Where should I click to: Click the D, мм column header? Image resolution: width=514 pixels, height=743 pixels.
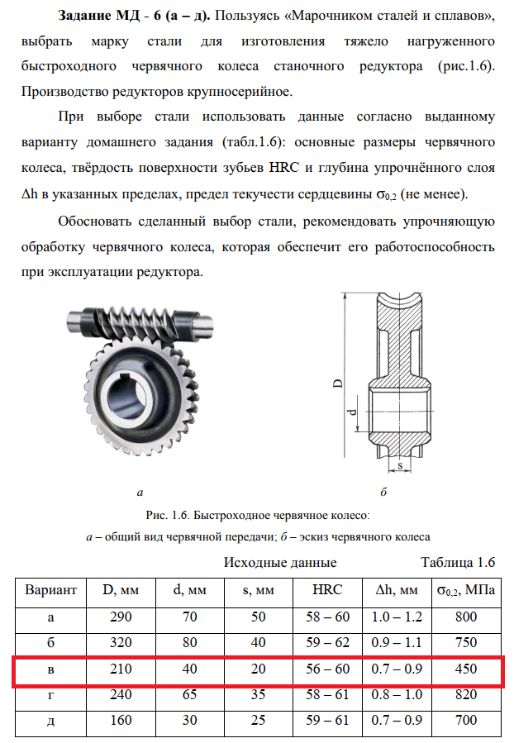(120, 590)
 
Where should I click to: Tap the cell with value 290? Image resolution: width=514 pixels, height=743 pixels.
(120, 617)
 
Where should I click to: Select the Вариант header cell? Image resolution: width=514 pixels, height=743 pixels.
(51, 590)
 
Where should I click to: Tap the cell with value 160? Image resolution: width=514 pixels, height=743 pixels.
(120, 721)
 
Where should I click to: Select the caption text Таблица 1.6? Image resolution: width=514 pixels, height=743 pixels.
(457, 563)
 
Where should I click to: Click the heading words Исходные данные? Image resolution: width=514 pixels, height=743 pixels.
(280, 563)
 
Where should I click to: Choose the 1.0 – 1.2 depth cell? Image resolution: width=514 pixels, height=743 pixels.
(396, 617)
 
